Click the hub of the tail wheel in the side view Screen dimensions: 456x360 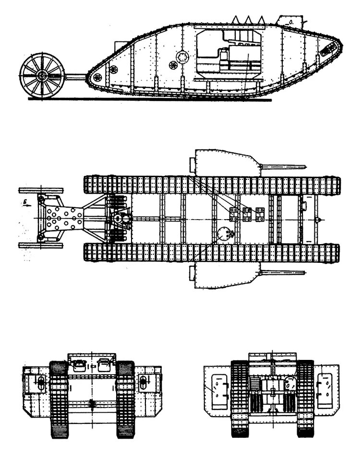(42, 75)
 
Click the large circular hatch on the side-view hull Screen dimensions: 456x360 (181, 57)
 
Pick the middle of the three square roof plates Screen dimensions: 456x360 (247, 214)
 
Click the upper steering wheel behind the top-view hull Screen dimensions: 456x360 (41, 190)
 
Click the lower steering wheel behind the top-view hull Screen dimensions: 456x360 (41, 246)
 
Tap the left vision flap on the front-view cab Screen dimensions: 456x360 (79, 365)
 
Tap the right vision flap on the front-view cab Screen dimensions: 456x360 (103, 365)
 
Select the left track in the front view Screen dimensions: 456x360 (59, 399)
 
